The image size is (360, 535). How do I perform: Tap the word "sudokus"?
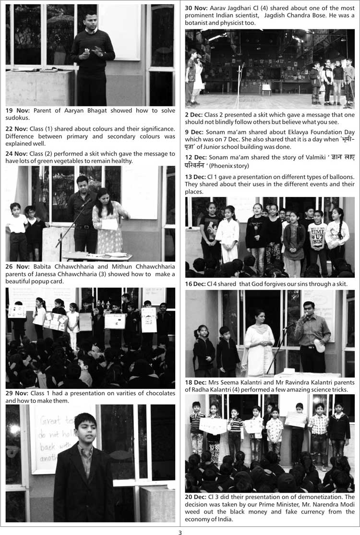pos(18,117)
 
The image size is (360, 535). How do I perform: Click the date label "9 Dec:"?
pos(195,132)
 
